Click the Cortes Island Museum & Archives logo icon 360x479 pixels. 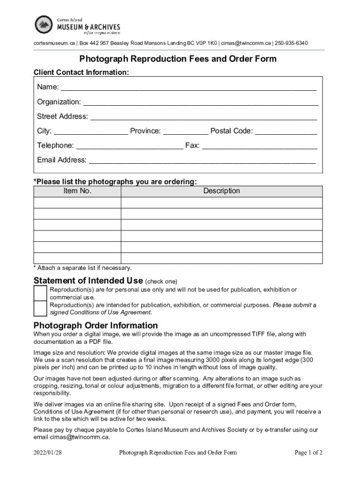pyautogui.click(x=44, y=24)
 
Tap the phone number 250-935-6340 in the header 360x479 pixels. pyautogui.click(x=291, y=44)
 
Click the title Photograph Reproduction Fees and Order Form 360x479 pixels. pyautogui.click(x=178, y=59)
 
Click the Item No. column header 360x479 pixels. pyautogui.click(x=78, y=191)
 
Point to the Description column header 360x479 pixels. pyautogui.click(x=222, y=191)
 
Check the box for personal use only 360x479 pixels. pyautogui.click(x=40, y=293)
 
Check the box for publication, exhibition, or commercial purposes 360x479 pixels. pyautogui.click(x=40, y=308)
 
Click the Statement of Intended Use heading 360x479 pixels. pyautogui.click(x=88, y=281)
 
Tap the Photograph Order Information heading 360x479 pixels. pyautogui.click(x=96, y=325)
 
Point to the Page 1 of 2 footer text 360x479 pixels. pyautogui.click(x=309, y=452)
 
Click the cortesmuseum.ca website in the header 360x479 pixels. pyautogui.click(x=54, y=44)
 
